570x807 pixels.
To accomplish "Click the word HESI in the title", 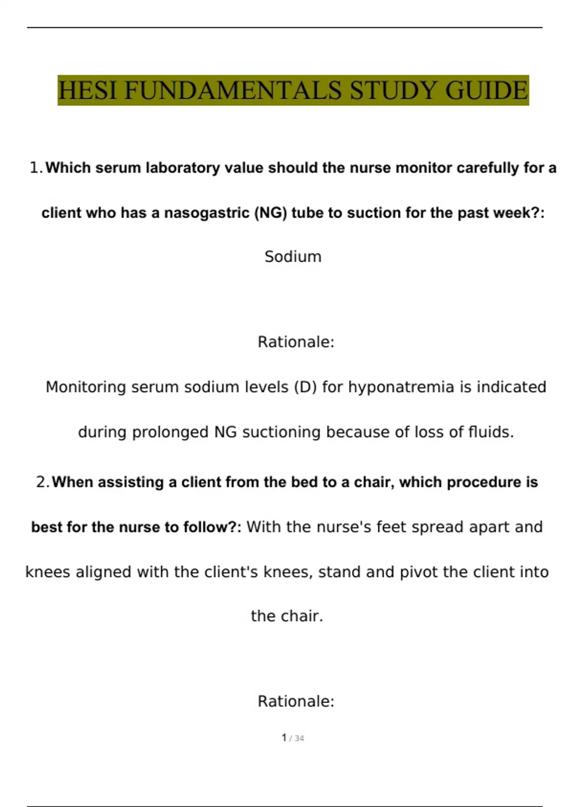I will [87, 90].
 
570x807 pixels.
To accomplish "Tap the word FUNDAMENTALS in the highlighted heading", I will [233, 90].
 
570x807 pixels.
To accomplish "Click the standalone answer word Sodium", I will [293, 257].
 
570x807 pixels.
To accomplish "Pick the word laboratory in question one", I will [183, 168].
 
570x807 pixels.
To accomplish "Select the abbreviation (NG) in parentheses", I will [271, 213].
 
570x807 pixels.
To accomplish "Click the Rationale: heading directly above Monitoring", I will [296, 342].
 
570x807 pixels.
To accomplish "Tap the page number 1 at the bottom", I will [284, 738].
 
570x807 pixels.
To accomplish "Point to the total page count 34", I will [299, 738].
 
